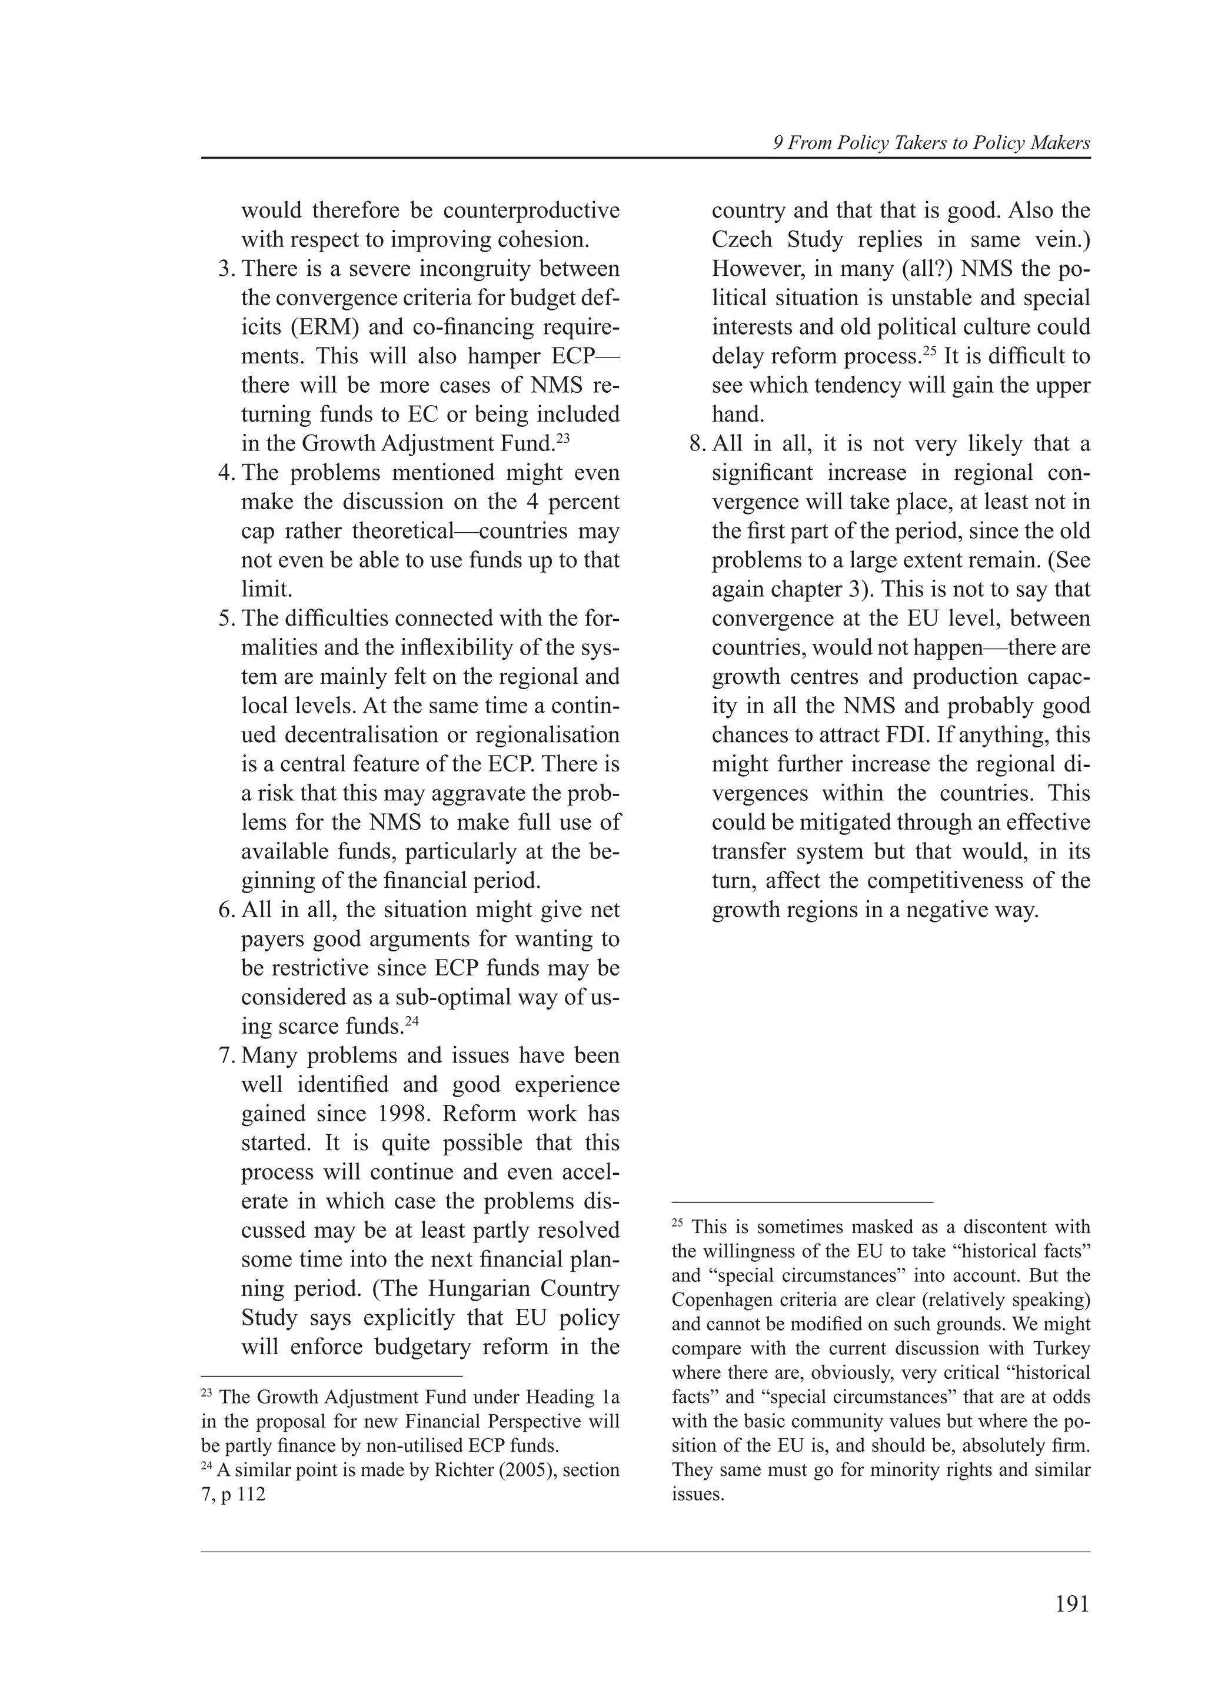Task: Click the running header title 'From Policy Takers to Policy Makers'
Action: [938, 143]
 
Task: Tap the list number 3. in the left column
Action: [226, 269]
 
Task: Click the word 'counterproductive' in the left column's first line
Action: [531, 211]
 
